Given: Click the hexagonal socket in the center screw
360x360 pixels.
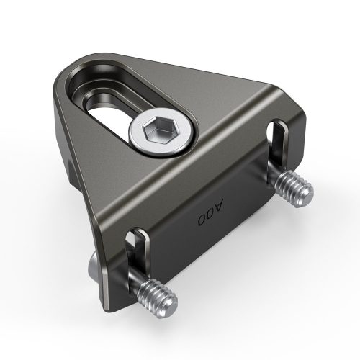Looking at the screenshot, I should tap(159, 130).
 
